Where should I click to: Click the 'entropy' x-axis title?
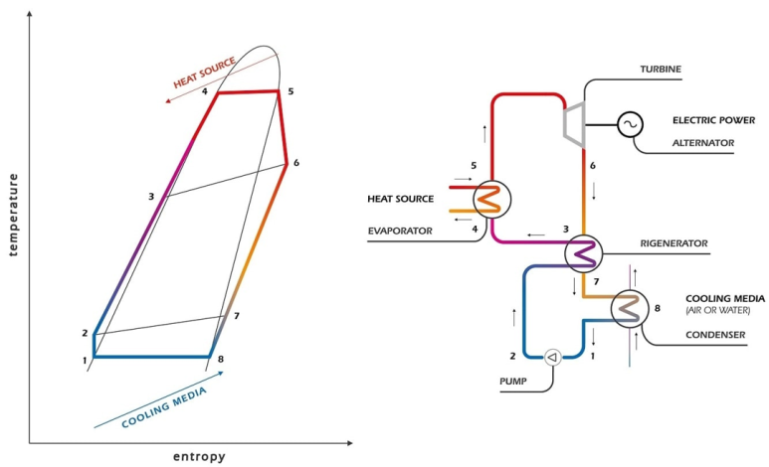[x=199, y=457]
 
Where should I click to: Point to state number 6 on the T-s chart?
[x=296, y=163]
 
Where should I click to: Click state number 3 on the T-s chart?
[x=151, y=197]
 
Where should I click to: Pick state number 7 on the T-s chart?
[x=237, y=316]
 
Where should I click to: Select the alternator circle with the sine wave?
[x=630, y=124]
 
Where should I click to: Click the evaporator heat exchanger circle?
[x=490, y=199]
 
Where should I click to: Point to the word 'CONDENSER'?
[x=715, y=335]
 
